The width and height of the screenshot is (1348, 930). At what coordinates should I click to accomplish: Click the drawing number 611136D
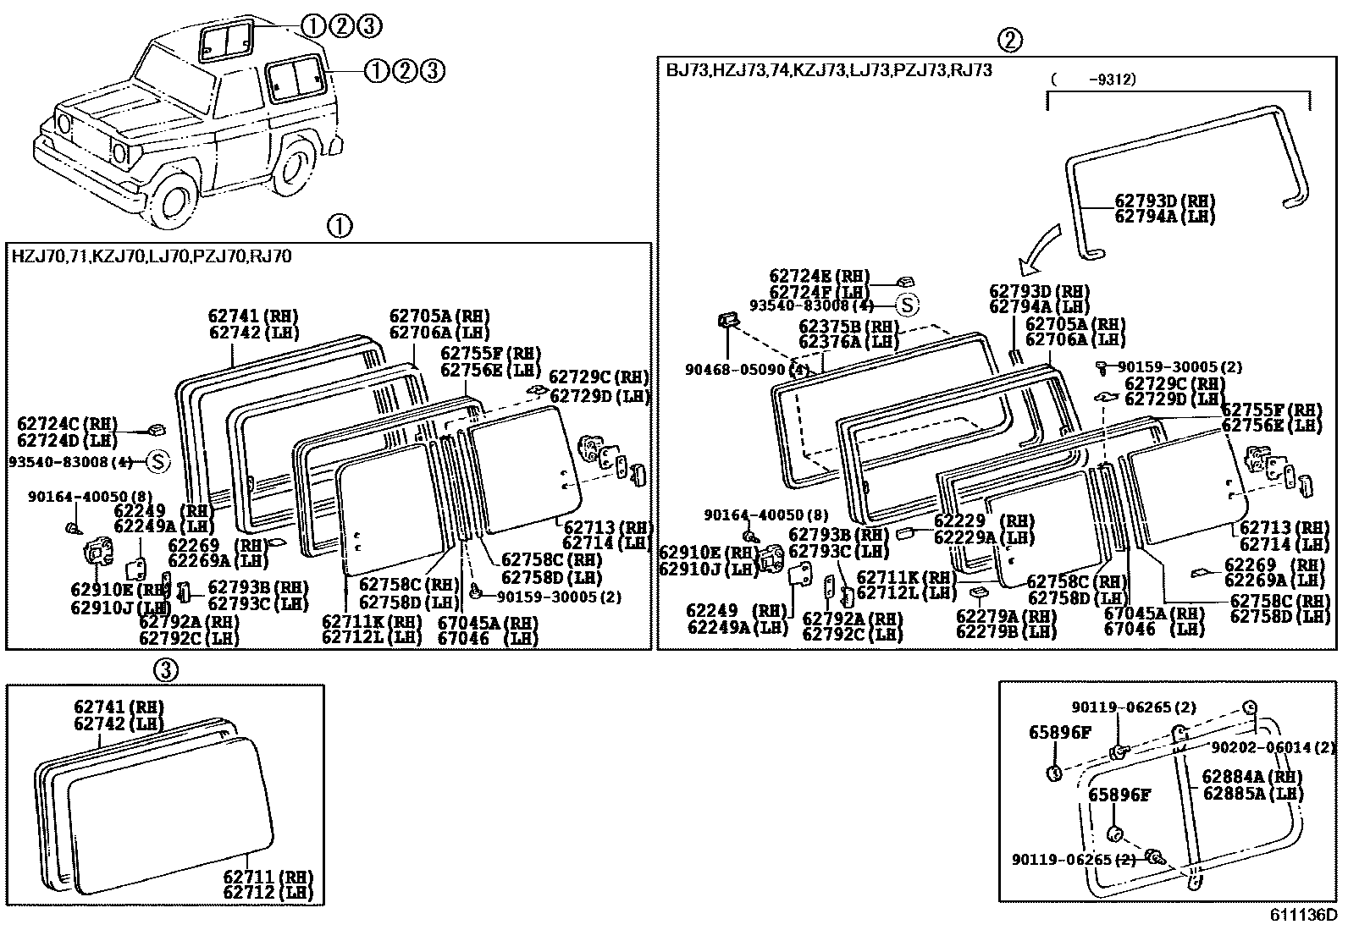(x=1301, y=915)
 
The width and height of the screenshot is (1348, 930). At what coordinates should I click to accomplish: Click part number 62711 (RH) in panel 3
(x=268, y=877)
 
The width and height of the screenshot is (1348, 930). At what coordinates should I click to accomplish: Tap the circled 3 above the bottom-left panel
(x=166, y=670)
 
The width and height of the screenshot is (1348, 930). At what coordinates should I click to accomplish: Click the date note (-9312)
(x=1093, y=79)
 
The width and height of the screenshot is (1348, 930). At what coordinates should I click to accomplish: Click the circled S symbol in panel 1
(x=158, y=462)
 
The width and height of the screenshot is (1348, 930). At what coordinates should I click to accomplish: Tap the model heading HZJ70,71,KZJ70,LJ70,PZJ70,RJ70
(x=152, y=256)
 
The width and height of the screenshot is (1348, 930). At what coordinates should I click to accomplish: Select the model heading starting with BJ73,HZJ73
(x=828, y=70)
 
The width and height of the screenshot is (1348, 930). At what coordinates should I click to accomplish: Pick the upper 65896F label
(x=1060, y=733)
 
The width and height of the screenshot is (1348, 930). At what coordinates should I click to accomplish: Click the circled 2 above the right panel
(x=1009, y=39)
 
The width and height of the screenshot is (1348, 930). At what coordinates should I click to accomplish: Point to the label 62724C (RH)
(x=67, y=424)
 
